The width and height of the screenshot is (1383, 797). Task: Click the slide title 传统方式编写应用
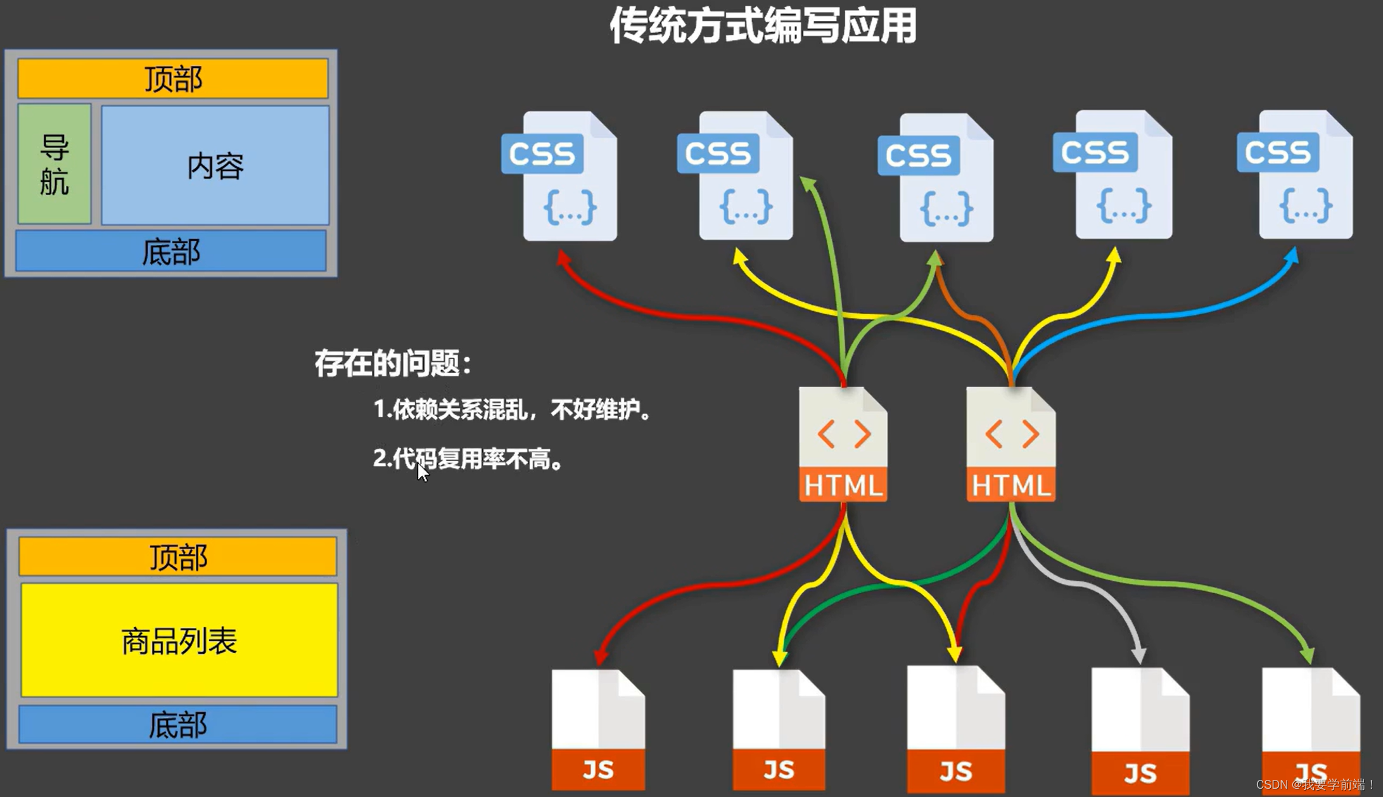click(763, 27)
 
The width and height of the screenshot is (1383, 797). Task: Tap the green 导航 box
click(54, 164)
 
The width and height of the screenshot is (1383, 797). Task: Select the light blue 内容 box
click(215, 165)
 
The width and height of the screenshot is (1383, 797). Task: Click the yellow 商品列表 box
click(179, 640)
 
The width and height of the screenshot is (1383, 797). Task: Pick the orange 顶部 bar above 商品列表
click(178, 556)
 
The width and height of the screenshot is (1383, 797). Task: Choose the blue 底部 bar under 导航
click(171, 252)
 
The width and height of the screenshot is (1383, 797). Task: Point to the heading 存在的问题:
click(393, 364)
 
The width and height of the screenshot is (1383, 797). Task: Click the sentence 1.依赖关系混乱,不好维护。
click(512, 410)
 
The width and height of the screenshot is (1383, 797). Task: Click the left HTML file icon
click(843, 444)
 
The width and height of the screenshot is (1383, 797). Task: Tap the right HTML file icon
click(1010, 444)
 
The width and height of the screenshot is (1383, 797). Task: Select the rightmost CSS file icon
click(1296, 175)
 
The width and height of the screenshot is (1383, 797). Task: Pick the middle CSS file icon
click(936, 178)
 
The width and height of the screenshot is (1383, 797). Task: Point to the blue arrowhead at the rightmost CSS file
click(1292, 256)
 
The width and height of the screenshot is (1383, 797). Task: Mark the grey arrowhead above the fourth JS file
click(1138, 655)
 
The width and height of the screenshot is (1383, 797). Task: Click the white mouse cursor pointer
click(422, 471)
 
